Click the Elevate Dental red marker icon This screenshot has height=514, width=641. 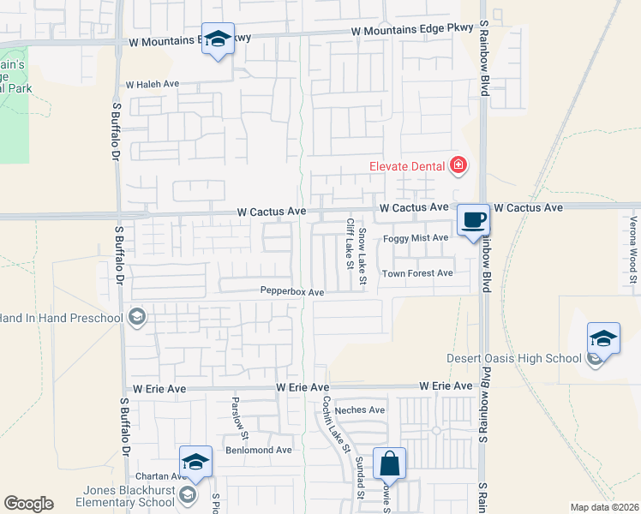[x=458, y=165]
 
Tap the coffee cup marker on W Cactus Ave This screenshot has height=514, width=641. [x=473, y=220]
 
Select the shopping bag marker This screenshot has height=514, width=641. [x=389, y=463]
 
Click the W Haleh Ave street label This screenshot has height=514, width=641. [x=152, y=85]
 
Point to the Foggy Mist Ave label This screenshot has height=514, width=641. [x=416, y=238]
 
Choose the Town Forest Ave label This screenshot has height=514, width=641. [x=417, y=273]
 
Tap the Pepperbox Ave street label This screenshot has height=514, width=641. [x=292, y=292]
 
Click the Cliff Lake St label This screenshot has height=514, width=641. [x=350, y=242]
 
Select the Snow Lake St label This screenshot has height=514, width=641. [x=362, y=256]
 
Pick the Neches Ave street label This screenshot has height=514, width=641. [x=360, y=410]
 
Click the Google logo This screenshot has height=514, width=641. [x=28, y=504]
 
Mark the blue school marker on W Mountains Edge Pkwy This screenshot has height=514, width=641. [x=219, y=39]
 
